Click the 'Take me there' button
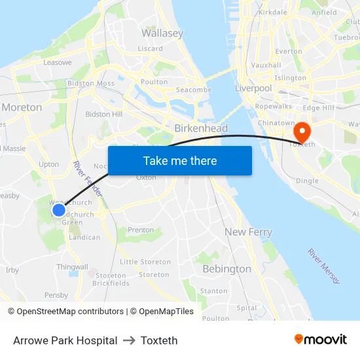(180, 160)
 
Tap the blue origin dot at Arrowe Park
(59, 209)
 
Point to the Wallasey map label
(162, 33)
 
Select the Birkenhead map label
(201, 128)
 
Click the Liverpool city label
(253, 88)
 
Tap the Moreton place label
(22, 107)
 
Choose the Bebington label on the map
(226, 269)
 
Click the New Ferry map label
(248, 232)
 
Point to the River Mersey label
(324, 266)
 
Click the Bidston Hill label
(103, 114)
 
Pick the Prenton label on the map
(141, 230)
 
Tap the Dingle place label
(307, 181)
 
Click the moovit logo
(321, 339)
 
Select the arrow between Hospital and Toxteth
(129, 340)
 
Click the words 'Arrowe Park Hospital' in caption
(65, 340)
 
